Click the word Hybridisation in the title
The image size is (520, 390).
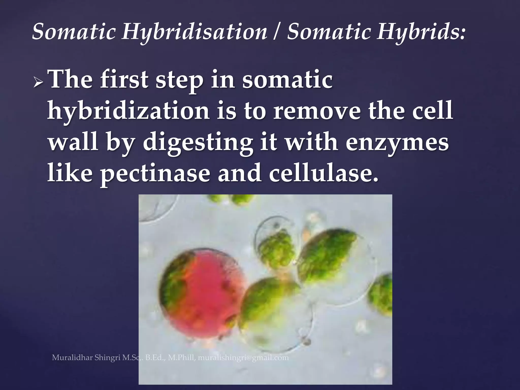click(194, 32)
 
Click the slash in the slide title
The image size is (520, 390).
click(277, 32)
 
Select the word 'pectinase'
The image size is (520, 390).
click(155, 174)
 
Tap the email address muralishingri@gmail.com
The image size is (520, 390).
click(243, 358)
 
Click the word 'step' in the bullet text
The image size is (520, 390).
click(179, 81)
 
